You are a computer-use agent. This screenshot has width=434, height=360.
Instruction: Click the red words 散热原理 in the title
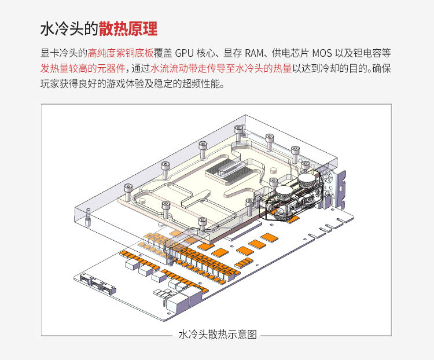[128, 29]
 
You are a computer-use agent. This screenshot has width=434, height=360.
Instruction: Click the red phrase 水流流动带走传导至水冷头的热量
[221, 68]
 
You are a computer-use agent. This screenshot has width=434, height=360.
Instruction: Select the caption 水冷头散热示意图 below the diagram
[218, 335]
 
